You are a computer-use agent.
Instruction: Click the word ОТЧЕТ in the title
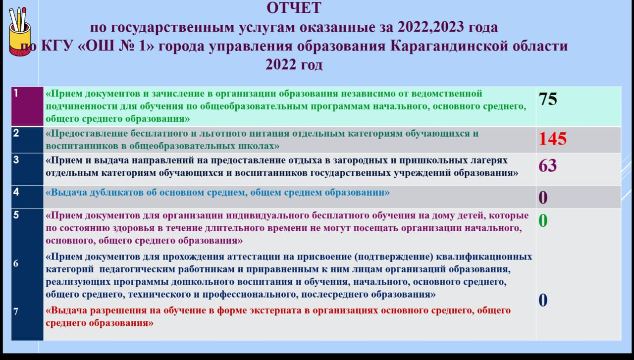pos(294,8)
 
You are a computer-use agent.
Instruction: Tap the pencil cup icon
pos(20,32)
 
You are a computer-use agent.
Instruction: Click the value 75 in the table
pos(548,100)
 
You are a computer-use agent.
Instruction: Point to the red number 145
pos(553,139)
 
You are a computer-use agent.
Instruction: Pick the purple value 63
pos(548,165)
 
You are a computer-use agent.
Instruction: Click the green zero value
pos(543,221)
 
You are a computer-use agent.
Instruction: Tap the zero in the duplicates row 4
pos(543,198)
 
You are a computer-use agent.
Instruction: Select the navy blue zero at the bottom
pos(543,300)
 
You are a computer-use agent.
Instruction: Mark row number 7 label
pos(16,311)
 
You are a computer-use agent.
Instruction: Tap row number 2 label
pos(16,133)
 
